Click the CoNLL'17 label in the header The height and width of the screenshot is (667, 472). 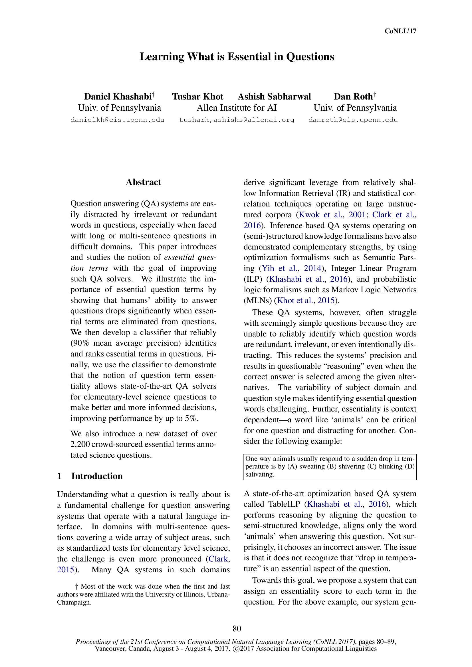click(400, 31)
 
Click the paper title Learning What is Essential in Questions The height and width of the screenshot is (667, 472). click(237, 57)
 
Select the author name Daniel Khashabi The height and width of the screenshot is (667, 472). click(118, 96)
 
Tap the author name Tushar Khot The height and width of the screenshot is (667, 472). click(198, 96)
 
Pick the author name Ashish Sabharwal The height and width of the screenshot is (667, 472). click(274, 96)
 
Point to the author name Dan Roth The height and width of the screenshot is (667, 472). click(353, 96)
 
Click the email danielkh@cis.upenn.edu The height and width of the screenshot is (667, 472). click(117, 120)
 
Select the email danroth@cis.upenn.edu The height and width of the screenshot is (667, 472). click(353, 120)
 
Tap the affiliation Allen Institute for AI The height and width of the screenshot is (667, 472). click(237, 108)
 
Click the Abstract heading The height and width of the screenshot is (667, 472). click(143, 182)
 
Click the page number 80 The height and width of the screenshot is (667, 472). click(237, 629)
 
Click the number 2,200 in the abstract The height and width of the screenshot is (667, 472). click(80, 444)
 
